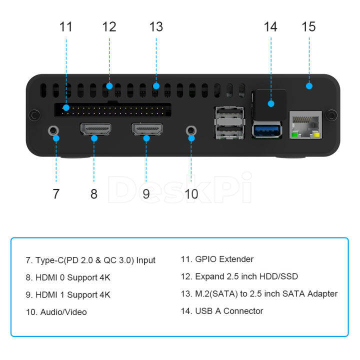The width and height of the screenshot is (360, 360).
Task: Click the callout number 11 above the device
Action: [x=66, y=26]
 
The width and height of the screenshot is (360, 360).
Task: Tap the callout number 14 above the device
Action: [x=270, y=26]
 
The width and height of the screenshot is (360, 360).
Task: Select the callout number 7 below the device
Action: [x=56, y=193]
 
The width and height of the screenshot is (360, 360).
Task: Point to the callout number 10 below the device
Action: [x=191, y=193]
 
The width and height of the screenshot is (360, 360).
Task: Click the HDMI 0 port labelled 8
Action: [x=95, y=130]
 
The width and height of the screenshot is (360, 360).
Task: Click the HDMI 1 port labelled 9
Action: [x=146, y=130]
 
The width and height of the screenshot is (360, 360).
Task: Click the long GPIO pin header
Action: [x=112, y=109]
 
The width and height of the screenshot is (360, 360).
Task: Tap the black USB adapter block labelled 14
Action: [x=270, y=102]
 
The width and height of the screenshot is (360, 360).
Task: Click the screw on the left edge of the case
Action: [x=33, y=115]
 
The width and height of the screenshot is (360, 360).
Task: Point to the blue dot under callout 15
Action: [x=309, y=86]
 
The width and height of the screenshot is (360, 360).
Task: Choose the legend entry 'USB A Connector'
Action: [x=229, y=311]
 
